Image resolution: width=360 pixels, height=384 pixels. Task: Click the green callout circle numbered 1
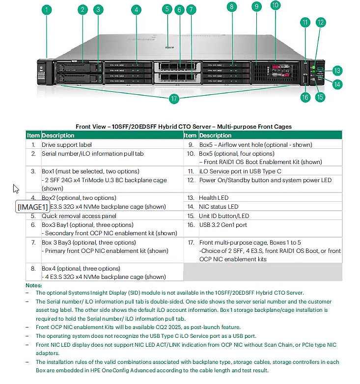tap(47, 9)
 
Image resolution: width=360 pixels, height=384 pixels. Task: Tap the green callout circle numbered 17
tap(173, 99)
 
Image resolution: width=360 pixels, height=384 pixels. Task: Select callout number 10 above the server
tap(275, 5)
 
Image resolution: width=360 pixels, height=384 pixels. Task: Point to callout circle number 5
tap(168, 9)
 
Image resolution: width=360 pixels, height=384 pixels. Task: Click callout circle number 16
tap(305, 97)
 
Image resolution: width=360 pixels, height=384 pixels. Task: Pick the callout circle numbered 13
tap(337, 70)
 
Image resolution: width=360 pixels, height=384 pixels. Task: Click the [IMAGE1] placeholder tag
tap(33, 207)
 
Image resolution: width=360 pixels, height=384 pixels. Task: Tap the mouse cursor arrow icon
tap(16, 189)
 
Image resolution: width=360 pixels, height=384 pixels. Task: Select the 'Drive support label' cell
tap(67, 145)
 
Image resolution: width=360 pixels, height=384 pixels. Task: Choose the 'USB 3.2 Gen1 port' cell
tap(223, 225)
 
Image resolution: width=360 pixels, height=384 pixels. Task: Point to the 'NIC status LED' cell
tap(219, 207)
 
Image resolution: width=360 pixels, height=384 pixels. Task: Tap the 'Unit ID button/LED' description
tap(224, 216)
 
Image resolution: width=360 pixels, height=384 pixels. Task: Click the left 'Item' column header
tap(33, 136)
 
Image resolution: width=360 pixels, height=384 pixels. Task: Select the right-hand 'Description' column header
tap(215, 136)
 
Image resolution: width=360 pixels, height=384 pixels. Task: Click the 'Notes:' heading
tap(33, 285)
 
